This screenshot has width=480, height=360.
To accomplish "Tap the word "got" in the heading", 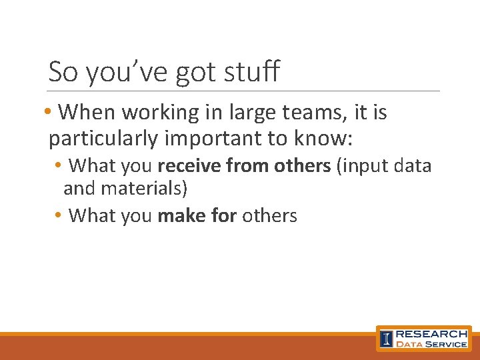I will pos(192,73).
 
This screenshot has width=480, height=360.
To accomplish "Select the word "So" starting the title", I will pos(63,71).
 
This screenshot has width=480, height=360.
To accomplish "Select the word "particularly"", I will pos(103,139).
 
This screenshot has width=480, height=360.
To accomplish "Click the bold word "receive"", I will pos(190,165).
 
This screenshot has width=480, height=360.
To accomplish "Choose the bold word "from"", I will pos(245,165).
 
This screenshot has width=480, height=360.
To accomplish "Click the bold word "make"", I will pos(177,215).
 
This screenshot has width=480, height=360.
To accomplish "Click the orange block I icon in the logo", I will pos(386,339).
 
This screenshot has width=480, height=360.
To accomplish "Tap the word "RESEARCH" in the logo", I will pos(432,333).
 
